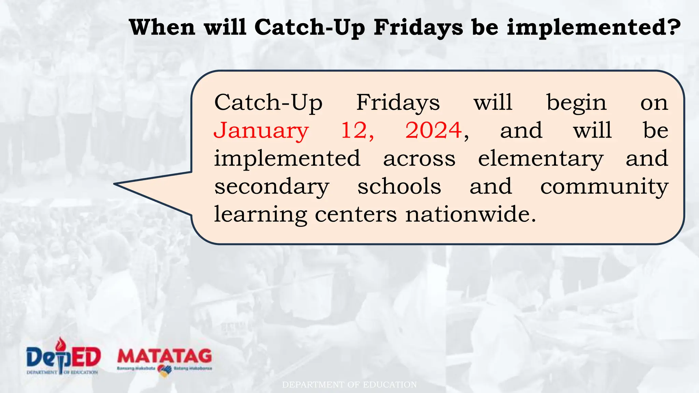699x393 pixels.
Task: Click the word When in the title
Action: tap(162, 27)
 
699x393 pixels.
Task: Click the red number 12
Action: tap(356, 130)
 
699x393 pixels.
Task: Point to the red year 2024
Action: tap(433, 130)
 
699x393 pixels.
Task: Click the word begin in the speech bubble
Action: tap(576, 103)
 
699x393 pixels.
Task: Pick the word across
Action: tap(419, 159)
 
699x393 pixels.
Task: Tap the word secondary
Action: tap(272, 187)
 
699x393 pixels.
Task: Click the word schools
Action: tap(399, 187)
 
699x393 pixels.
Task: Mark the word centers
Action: tap(356, 215)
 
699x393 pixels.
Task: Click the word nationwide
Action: tap(470, 215)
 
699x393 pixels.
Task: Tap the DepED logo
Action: tap(63, 357)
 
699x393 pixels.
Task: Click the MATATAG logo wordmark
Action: tap(165, 356)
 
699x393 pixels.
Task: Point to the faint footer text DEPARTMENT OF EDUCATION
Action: tap(349, 385)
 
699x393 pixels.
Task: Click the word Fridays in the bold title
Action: tap(418, 27)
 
